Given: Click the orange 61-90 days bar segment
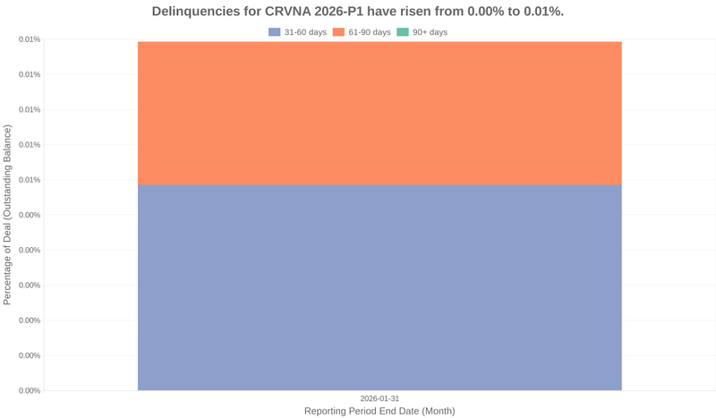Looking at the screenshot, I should (379, 113).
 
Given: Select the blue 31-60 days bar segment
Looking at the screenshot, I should (379, 286).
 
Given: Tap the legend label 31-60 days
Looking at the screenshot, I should (305, 32).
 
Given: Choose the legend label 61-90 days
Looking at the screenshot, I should (370, 32).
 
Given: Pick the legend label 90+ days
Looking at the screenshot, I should (430, 32).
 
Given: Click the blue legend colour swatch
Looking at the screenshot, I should (275, 32).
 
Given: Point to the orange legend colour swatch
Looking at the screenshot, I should (339, 32).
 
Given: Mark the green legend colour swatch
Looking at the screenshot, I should (403, 32).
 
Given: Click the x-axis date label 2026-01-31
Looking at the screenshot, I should (379, 398).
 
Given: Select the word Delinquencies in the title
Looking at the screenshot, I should (198, 12).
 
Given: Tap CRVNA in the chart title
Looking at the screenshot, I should (288, 12).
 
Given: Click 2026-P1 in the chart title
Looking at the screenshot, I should (345, 12).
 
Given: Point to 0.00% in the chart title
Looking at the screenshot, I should (496, 12).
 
